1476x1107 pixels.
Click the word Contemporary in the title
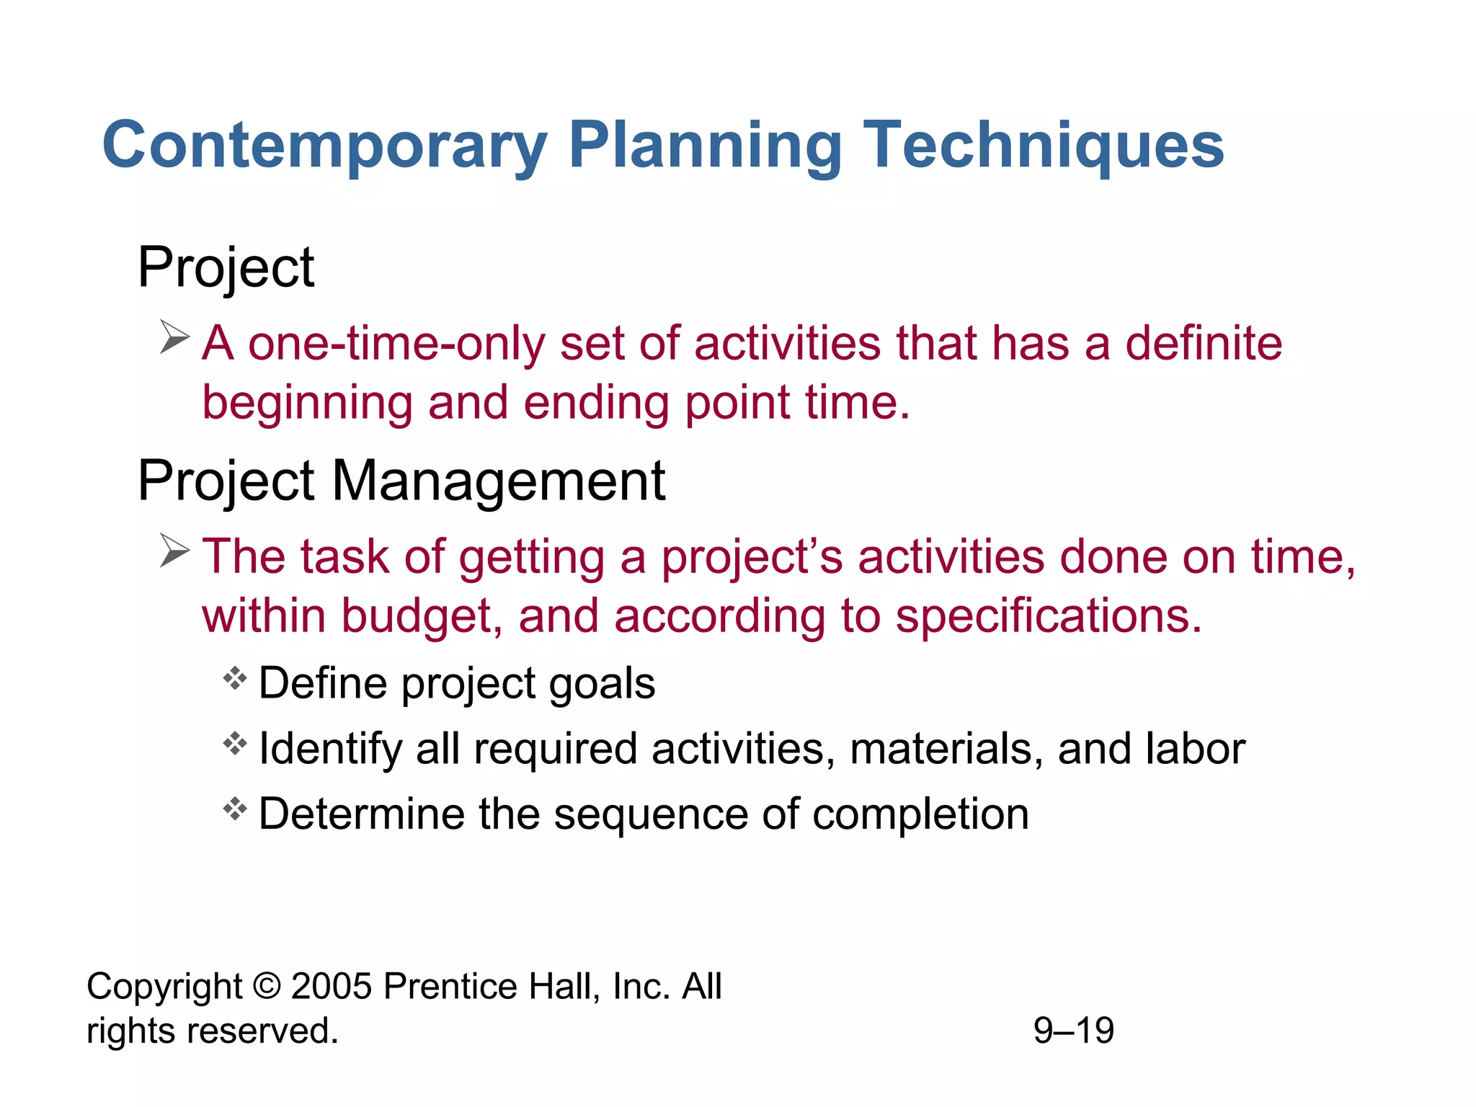(x=324, y=146)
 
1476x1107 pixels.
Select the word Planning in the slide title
(x=705, y=146)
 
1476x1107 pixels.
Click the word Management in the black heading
(x=498, y=481)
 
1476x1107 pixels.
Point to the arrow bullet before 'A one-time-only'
(x=174, y=337)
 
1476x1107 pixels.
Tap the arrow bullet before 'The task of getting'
(x=174, y=551)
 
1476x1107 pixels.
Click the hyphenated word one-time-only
(x=396, y=343)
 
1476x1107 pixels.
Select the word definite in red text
(x=1204, y=343)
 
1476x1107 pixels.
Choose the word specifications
(x=1049, y=617)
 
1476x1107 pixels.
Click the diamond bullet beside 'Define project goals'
(x=235, y=678)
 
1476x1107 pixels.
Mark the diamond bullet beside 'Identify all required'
(x=235, y=743)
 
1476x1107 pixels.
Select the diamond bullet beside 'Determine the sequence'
(x=235, y=809)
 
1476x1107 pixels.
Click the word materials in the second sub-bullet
(x=946, y=749)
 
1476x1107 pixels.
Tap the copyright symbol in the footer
(x=267, y=986)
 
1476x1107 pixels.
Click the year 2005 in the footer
(x=332, y=986)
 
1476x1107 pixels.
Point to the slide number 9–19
(x=1073, y=1031)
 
